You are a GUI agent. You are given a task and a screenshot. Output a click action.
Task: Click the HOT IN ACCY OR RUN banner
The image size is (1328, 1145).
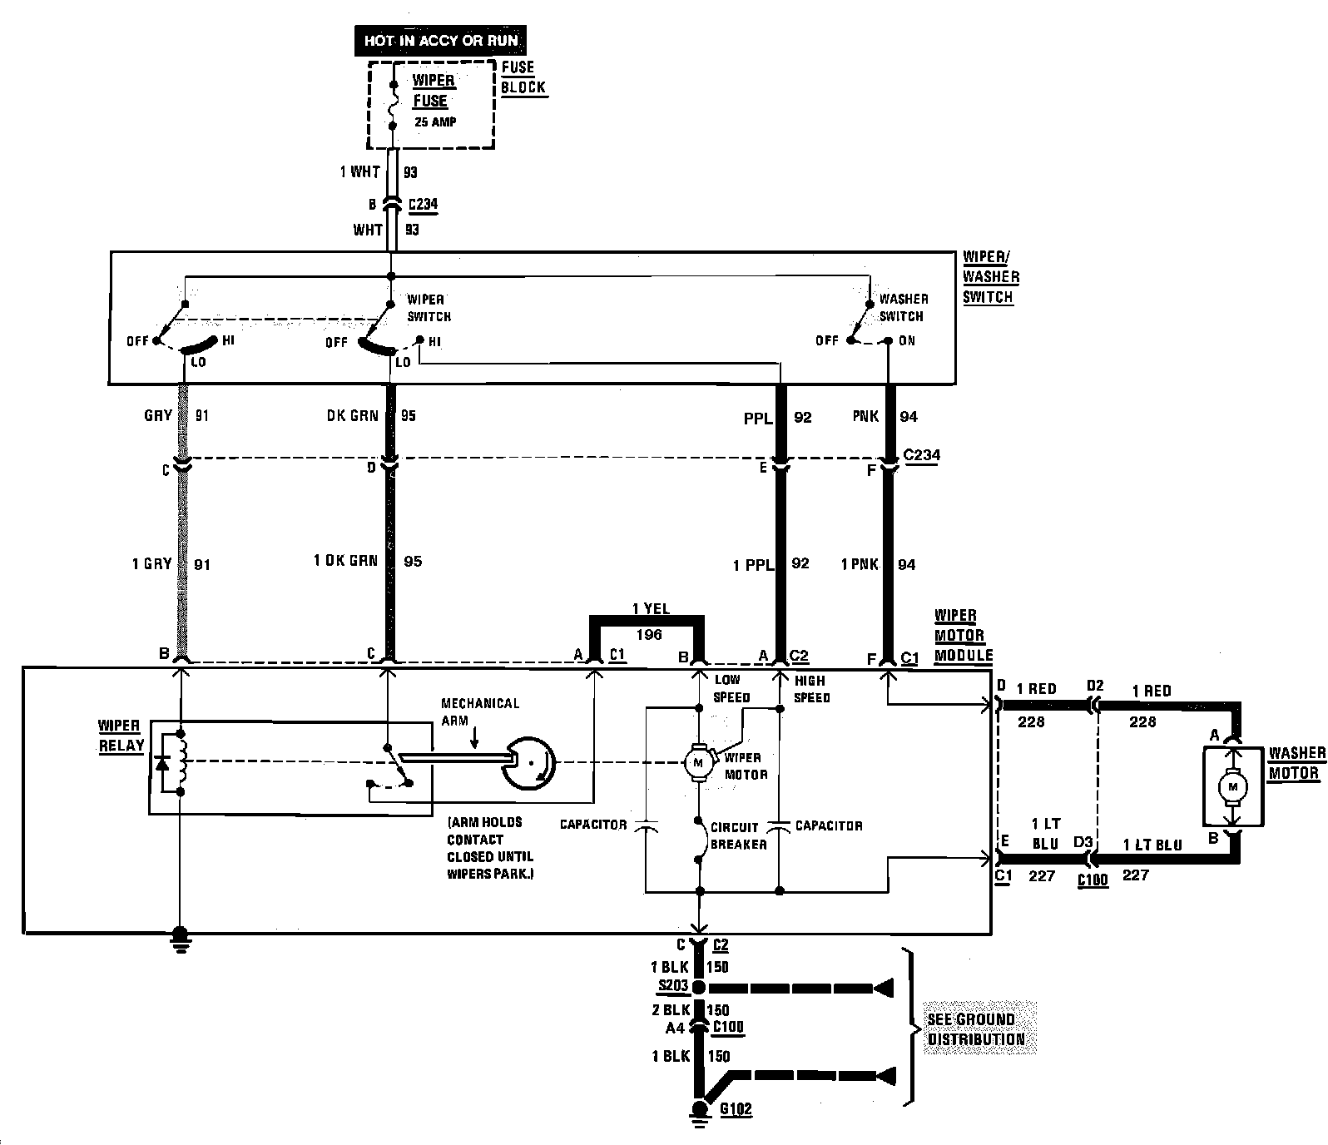440,40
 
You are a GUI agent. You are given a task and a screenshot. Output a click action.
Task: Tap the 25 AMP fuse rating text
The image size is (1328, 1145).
435,122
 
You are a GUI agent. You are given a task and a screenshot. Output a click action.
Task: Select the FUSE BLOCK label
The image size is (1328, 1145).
523,77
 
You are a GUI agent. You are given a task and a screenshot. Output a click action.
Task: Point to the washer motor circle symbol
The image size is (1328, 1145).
1233,786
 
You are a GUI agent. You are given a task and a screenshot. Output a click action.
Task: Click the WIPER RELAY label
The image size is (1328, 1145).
121,736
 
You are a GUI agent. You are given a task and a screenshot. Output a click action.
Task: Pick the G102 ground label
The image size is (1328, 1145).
736,1109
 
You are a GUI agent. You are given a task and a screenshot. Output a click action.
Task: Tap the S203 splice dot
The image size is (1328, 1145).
699,988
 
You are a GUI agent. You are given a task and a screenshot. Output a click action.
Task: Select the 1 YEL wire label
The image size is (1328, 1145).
650,609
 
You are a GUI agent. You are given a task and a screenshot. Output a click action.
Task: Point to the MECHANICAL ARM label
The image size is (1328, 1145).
479,712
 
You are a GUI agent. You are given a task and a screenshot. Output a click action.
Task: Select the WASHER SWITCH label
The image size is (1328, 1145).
903,307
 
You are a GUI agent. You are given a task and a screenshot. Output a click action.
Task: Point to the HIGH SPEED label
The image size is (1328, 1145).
811,689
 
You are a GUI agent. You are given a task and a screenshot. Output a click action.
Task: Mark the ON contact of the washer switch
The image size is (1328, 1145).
889,340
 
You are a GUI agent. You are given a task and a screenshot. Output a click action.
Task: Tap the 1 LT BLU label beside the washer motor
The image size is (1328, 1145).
1152,845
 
